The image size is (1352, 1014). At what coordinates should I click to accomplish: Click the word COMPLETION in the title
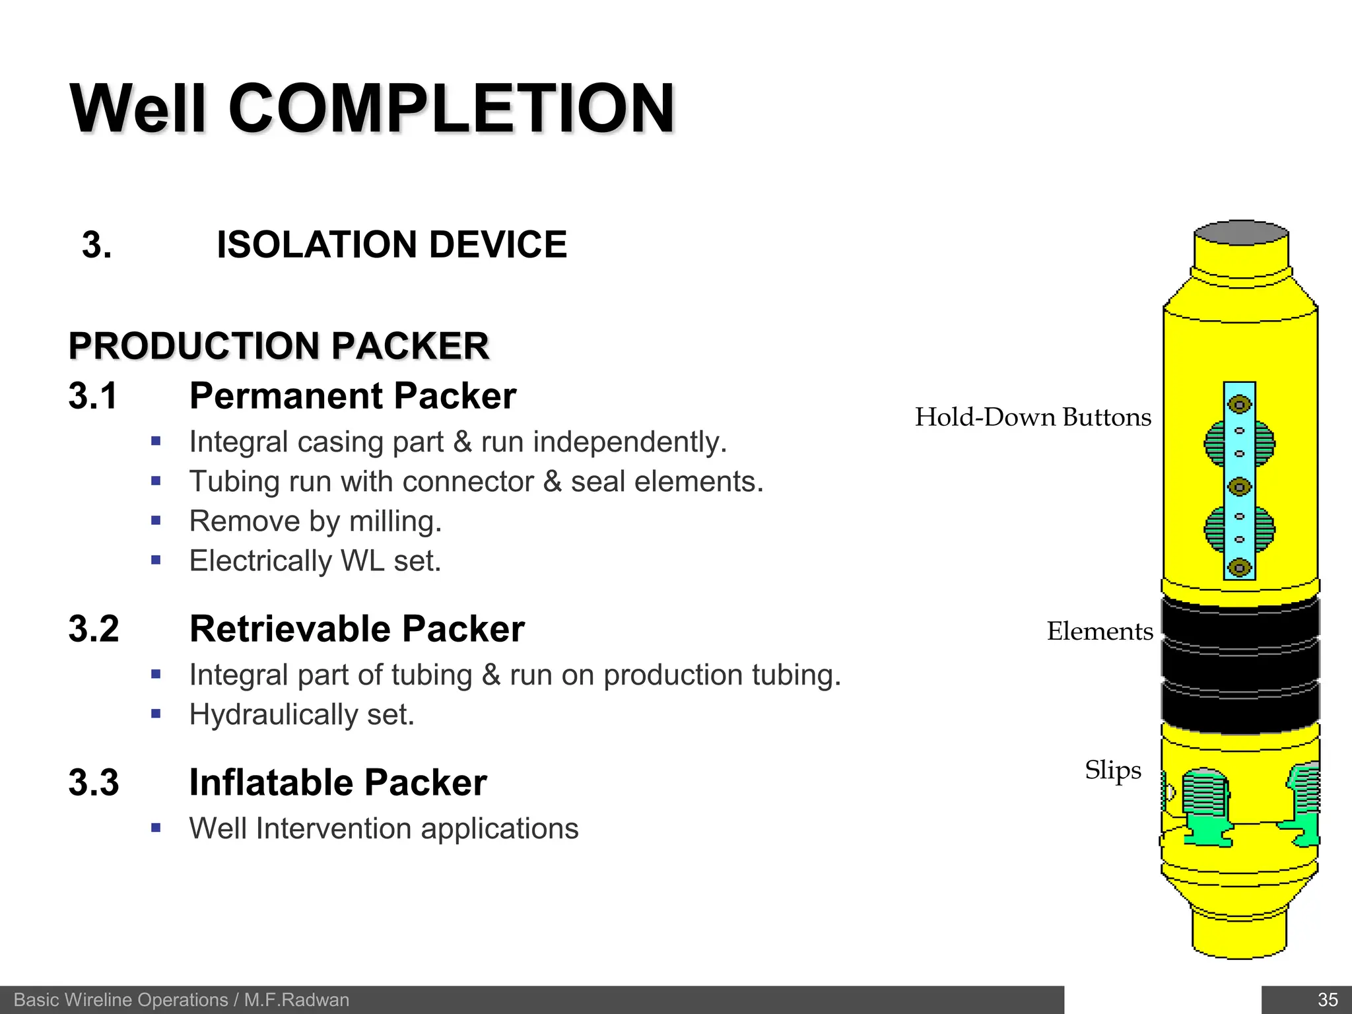[452, 109]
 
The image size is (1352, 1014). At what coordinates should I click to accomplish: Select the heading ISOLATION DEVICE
[391, 245]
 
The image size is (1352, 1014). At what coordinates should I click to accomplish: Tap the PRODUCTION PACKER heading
[279, 346]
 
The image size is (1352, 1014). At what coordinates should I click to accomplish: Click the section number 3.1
[93, 396]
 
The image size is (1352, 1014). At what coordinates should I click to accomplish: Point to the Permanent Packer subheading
[353, 396]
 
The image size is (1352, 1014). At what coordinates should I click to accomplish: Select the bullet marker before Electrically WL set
[156, 560]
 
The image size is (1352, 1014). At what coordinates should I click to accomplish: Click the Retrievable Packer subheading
[356, 629]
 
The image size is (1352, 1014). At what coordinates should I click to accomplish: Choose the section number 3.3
[94, 783]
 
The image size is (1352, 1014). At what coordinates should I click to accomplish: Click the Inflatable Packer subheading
[338, 783]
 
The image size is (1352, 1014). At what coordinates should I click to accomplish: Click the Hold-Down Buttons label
[1032, 418]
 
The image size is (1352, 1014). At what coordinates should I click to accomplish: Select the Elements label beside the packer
[1100, 632]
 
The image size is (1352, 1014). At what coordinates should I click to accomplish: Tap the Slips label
[1113, 770]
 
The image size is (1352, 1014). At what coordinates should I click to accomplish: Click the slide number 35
[1328, 999]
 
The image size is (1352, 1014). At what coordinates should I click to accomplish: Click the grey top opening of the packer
[1241, 233]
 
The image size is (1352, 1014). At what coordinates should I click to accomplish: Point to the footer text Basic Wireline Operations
[121, 1000]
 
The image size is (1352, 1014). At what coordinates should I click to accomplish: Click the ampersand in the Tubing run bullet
[553, 482]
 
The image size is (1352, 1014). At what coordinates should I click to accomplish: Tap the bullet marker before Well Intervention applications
[156, 828]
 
